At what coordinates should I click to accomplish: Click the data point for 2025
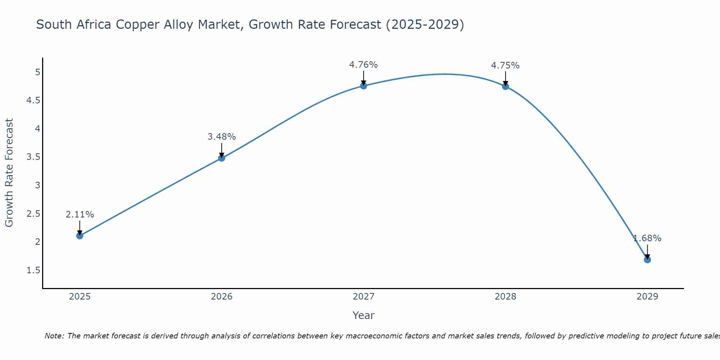click(x=80, y=236)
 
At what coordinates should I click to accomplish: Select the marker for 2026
click(x=221, y=158)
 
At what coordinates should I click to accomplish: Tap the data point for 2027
click(x=363, y=86)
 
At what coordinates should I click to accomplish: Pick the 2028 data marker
click(x=505, y=86)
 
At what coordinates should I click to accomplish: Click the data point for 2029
click(x=647, y=260)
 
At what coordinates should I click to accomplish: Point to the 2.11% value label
click(x=80, y=215)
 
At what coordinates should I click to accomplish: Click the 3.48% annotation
click(x=221, y=137)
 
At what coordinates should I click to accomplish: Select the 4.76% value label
click(x=363, y=65)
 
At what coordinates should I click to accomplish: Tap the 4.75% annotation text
click(x=505, y=66)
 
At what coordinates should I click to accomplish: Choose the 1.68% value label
click(x=647, y=238)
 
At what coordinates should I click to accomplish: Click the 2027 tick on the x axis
click(x=363, y=297)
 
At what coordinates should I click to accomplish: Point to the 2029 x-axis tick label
click(x=647, y=297)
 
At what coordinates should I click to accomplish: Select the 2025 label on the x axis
click(x=80, y=297)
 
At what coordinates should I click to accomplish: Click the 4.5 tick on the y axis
click(x=33, y=100)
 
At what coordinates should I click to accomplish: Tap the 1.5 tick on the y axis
click(x=33, y=270)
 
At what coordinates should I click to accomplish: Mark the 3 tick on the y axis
click(x=37, y=185)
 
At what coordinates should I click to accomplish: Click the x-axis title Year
click(x=363, y=315)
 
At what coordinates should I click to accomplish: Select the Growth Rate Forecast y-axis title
click(x=9, y=172)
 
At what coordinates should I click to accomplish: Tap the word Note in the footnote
click(x=54, y=336)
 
